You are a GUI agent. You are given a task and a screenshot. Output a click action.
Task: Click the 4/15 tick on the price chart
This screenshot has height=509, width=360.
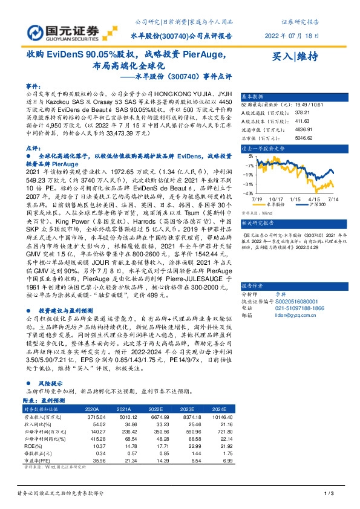coord(314,198)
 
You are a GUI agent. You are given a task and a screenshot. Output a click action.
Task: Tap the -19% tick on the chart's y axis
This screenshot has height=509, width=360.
coord(248,174)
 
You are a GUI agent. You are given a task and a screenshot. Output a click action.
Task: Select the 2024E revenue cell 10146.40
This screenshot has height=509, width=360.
coord(220,417)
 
